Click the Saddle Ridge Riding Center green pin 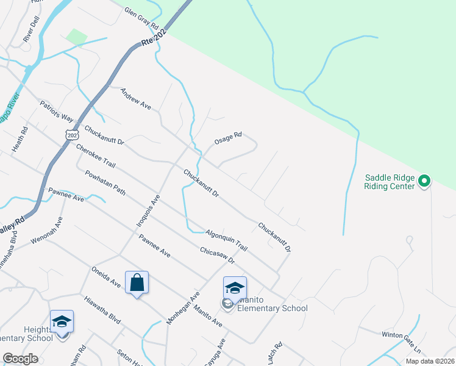(424, 181)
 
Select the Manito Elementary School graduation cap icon (235, 287)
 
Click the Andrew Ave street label (135, 98)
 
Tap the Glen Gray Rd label (141, 20)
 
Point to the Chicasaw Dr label (218, 255)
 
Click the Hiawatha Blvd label (102, 310)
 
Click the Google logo (21, 359)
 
